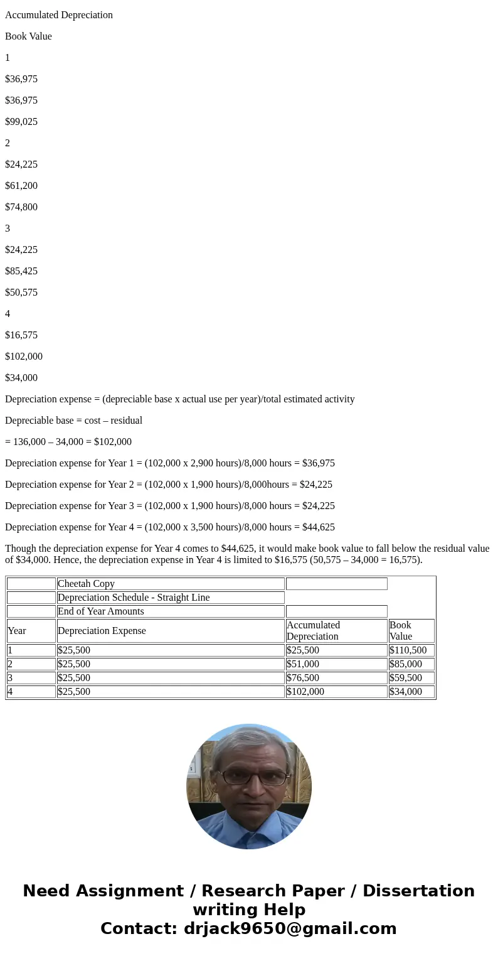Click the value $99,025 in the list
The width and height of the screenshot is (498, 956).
pos(21,122)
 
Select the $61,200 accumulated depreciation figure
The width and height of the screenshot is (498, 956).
pos(21,186)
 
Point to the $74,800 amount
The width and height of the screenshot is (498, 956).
pos(21,207)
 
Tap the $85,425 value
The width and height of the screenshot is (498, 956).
pos(21,271)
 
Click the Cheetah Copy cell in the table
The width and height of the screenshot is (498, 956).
pos(86,584)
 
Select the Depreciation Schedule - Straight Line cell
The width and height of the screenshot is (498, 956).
pos(134,598)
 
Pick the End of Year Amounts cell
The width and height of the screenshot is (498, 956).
pos(101,611)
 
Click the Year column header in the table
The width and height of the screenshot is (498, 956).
pos(17,631)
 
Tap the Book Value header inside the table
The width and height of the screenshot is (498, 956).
pos(401,631)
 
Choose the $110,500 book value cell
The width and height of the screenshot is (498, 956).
pos(408,650)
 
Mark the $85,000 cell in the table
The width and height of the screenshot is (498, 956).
pos(406,664)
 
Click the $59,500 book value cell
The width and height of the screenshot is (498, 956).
pos(406,678)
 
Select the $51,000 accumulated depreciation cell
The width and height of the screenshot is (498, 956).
pos(303,664)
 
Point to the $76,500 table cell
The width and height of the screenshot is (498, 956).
pos(303,678)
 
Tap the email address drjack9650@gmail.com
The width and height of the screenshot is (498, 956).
pos(290,929)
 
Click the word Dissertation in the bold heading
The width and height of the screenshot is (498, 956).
pos(418,891)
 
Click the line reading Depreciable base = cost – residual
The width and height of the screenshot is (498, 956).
pos(73,421)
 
